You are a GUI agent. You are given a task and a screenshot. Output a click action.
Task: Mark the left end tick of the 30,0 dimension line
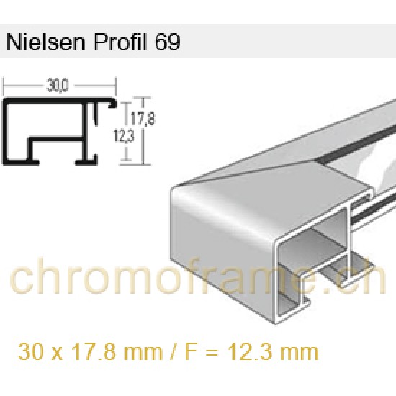pyautogui.click(x=6, y=88)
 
